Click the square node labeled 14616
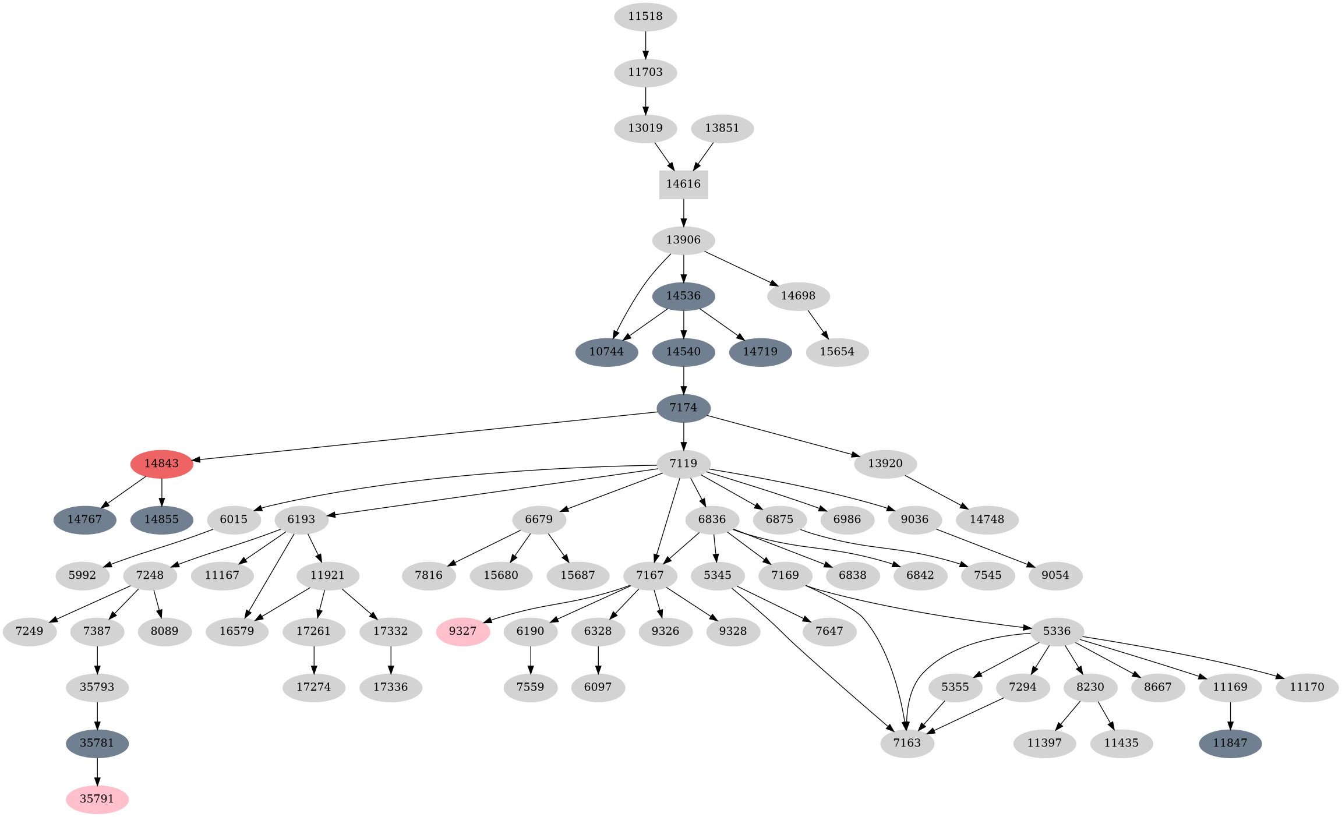click(x=683, y=184)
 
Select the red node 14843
click(x=161, y=464)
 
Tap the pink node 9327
click(x=462, y=631)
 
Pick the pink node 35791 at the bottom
click(x=97, y=799)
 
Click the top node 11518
click(x=645, y=16)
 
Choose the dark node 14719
click(x=760, y=352)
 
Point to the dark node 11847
click(x=1230, y=743)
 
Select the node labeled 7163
click(x=907, y=743)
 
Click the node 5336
click(x=1057, y=631)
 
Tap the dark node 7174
click(x=683, y=408)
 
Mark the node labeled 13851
click(x=722, y=128)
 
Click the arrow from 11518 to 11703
click(x=645, y=44)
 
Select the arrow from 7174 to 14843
click(x=425, y=436)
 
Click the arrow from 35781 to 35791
click(x=97, y=771)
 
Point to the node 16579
click(x=236, y=631)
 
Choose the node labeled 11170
click(x=1306, y=687)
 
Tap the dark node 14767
click(x=84, y=519)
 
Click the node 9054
click(x=1055, y=575)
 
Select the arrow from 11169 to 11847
click(x=1230, y=715)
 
